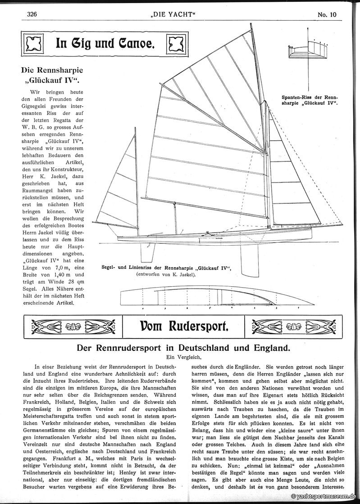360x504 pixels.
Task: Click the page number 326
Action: click(x=32, y=14)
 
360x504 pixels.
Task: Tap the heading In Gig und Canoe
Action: click(x=105, y=44)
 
